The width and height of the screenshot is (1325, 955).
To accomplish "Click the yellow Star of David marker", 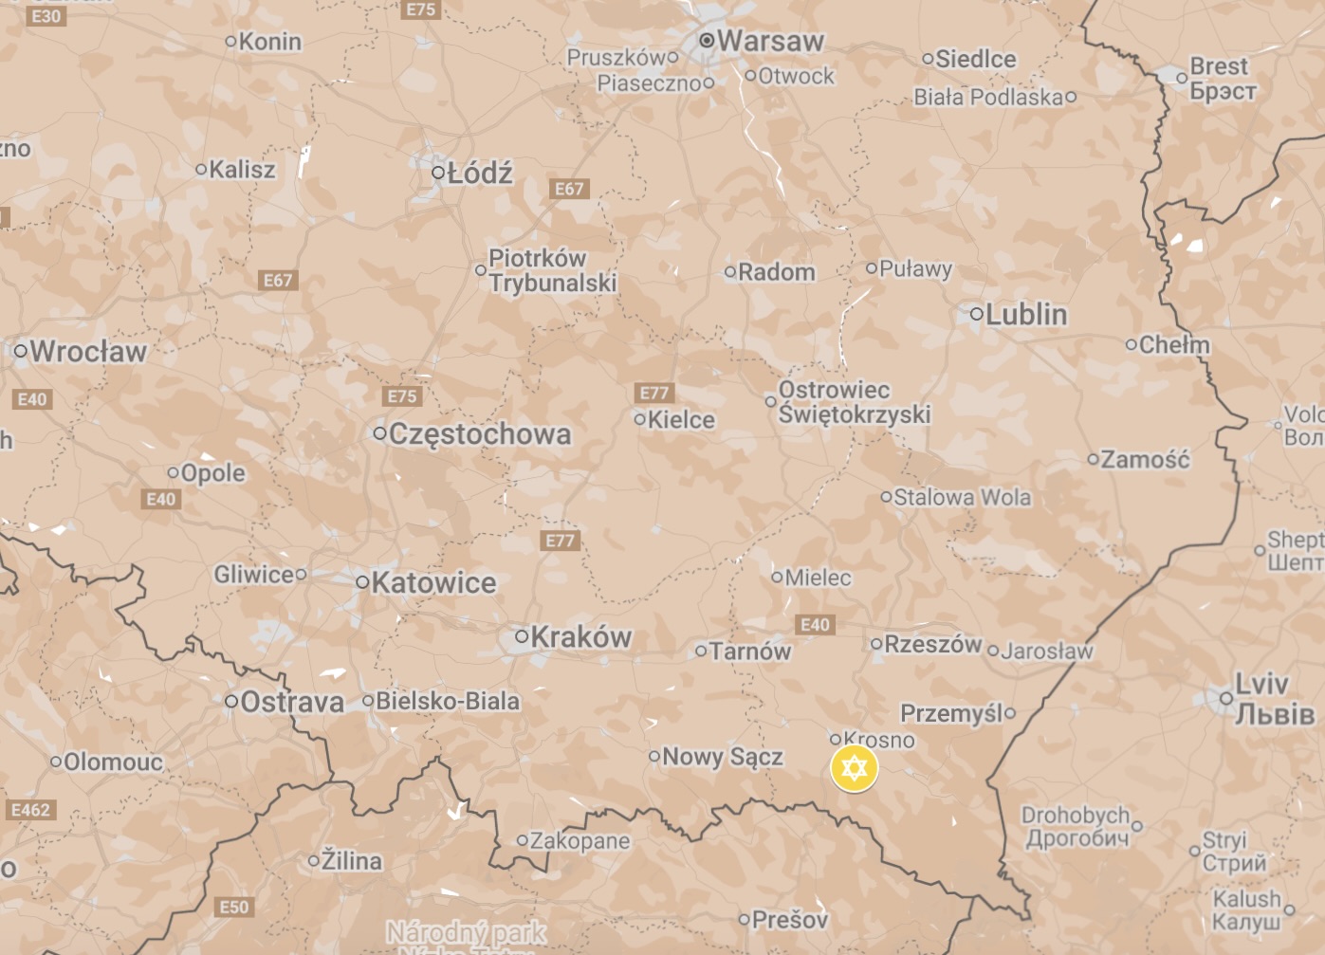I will click(854, 768).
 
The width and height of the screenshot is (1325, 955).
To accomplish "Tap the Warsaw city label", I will click(770, 42).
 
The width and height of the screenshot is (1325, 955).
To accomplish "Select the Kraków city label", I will click(580, 637).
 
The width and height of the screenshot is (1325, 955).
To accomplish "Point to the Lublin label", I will click(1026, 315).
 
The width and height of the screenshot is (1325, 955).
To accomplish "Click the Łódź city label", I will click(480, 174).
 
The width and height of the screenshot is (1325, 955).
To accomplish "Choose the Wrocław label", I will click(88, 352).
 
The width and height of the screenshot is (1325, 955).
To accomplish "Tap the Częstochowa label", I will click(480, 434).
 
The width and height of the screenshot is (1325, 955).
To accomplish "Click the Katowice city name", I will click(433, 583).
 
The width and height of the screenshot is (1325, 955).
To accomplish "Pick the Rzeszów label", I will click(932, 645).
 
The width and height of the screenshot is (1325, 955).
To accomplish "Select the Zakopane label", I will click(580, 841).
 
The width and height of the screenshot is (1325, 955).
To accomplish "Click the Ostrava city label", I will click(292, 703).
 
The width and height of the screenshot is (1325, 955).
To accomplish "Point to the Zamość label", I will click(1145, 460).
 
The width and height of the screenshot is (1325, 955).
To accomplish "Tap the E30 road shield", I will click(46, 16).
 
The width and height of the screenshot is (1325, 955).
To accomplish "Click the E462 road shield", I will click(30, 810).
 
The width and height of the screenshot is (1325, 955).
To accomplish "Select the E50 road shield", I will click(233, 907).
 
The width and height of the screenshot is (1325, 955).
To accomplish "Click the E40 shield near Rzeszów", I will click(815, 624).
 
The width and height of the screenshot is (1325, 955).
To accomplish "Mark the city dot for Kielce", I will click(639, 419).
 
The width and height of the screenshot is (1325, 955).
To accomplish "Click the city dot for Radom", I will click(730, 272).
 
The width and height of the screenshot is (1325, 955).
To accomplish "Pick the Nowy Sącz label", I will click(723, 757).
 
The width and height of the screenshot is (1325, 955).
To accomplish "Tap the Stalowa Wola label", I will click(962, 497).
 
